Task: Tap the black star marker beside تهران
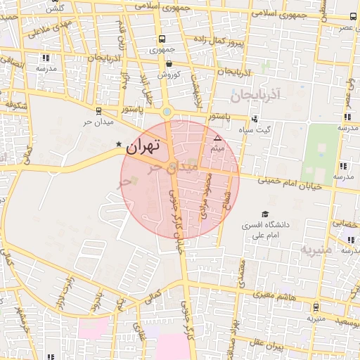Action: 119,144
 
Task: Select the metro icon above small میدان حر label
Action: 98,111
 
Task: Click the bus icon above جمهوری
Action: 162,39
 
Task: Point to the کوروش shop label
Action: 169,73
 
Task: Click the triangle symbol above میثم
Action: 217,137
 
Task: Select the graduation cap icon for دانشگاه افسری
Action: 265,214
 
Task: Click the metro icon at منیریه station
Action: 315,307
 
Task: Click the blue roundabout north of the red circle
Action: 167,112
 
